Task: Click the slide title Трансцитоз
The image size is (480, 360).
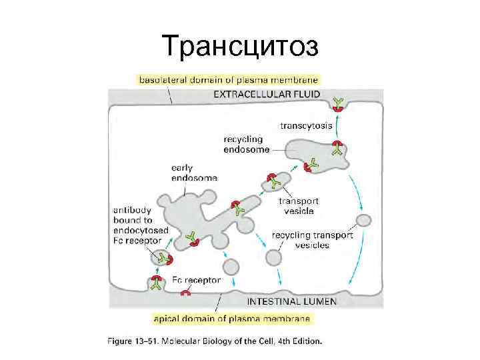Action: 240,46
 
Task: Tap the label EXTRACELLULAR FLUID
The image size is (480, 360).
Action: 267,94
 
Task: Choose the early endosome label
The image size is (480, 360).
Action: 194,173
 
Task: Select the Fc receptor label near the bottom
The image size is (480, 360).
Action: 196,281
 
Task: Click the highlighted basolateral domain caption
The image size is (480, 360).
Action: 228,79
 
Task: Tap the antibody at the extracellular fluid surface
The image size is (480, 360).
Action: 339,102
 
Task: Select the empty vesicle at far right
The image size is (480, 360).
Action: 364,221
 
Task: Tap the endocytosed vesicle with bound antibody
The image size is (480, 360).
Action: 161,257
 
